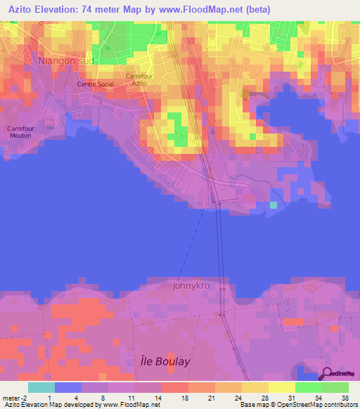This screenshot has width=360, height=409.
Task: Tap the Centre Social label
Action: click(x=95, y=84)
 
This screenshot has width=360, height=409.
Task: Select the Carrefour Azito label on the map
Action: click(x=139, y=79)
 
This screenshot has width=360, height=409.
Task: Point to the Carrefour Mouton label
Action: click(x=20, y=132)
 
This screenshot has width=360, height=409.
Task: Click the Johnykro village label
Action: click(x=191, y=286)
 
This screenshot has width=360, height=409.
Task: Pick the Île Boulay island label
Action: click(x=162, y=361)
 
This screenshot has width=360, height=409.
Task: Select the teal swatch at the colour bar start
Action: click(x=41, y=387)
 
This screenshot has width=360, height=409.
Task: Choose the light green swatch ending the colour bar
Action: click(x=335, y=387)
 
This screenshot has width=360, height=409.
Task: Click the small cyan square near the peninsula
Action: click(x=274, y=205)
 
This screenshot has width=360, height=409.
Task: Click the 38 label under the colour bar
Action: click(x=345, y=398)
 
